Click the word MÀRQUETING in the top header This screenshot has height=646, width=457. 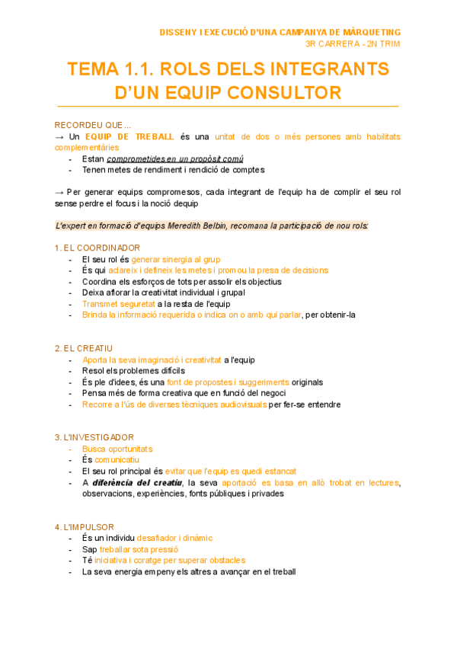(371, 31)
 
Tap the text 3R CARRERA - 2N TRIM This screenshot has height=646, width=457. (353, 43)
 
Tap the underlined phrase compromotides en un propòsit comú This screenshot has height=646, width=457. (175, 159)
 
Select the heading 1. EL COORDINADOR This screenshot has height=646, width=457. (97, 248)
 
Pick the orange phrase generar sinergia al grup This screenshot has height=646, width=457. (176, 259)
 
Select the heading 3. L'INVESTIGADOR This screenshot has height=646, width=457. (94, 437)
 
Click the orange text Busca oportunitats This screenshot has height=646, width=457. (117, 449)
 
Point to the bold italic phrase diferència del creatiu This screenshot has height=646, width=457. (137, 482)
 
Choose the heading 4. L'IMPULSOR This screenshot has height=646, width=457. (85, 526)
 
